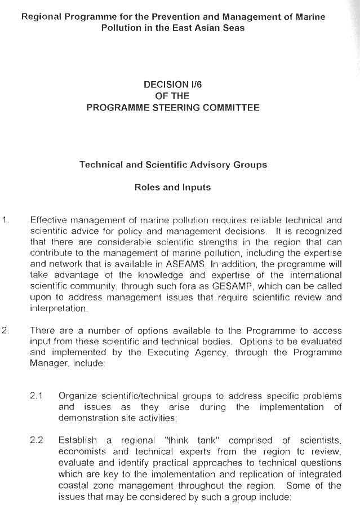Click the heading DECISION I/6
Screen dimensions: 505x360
point(173,84)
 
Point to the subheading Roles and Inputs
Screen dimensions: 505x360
point(172,188)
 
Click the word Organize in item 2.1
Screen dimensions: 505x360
point(77,396)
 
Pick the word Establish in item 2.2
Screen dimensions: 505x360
point(78,440)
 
